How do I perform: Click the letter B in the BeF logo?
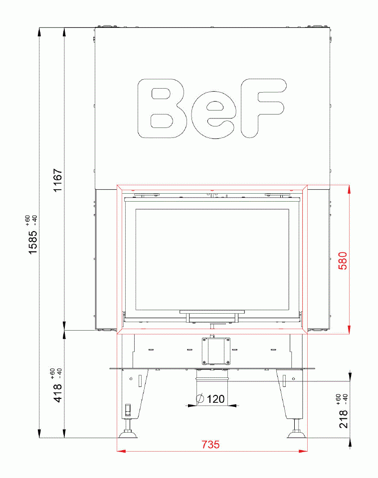click(162, 108)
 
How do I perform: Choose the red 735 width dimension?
click(210, 445)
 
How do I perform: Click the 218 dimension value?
click(343, 419)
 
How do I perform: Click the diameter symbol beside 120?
click(200, 399)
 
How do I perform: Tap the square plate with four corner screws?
click(216, 351)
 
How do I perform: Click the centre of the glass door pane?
click(212, 258)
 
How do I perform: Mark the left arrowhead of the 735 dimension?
click(120, 452)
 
